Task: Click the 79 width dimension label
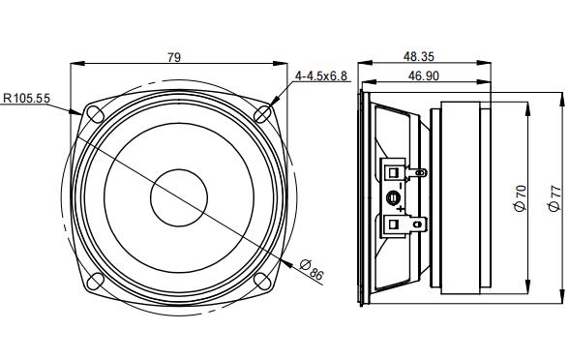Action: point(174,57)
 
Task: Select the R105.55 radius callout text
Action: point(26,98)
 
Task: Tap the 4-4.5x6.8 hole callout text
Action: point(321,76)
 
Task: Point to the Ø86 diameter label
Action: point(312,270)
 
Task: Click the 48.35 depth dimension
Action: point(419,56)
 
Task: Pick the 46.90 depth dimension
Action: point(424,75)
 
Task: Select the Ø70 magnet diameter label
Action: point(520,198)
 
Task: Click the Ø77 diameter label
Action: point(554,198)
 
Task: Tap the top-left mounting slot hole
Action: point(96,114)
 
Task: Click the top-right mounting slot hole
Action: point(262,114)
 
